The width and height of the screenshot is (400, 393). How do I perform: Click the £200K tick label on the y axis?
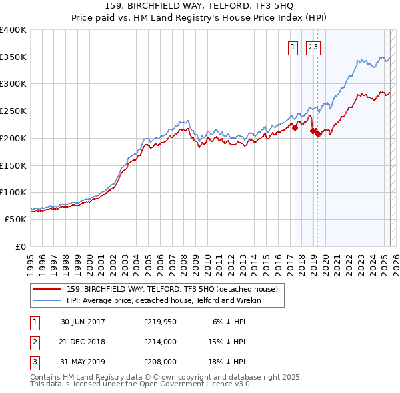point(13,138)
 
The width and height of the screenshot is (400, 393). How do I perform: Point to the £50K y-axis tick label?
point(16,219)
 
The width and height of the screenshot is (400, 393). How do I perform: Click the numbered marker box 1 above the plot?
point(293,47)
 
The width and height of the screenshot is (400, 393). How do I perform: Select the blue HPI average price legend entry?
point(164,301)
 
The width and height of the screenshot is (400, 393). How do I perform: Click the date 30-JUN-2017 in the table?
point(83,322)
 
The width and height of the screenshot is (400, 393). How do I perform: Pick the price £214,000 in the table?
point(160,342)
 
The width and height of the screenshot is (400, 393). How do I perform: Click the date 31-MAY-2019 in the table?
point(83,362)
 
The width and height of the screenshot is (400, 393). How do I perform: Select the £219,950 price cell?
point(160,322)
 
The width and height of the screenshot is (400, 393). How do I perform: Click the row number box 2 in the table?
point(34,342)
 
